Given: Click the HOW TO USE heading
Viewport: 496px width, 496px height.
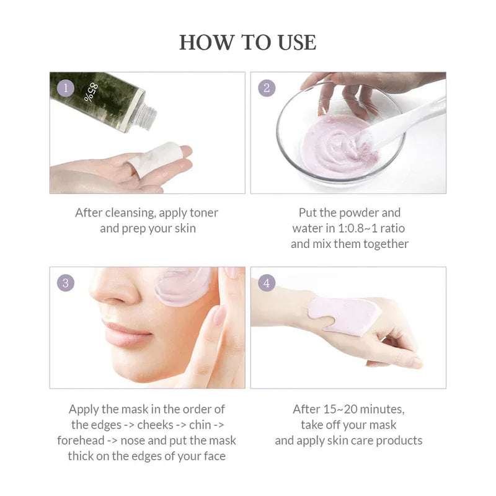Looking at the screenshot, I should pyautogui.click(x=247, y=42).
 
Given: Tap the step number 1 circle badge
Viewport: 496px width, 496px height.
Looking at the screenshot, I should pyautogui.click(x=66, y=87).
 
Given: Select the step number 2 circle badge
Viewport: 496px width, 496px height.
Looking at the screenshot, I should pyautogui.click(x=267, y=87).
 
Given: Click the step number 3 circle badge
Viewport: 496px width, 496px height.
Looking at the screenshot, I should pyautogui.click(x=66, y=283).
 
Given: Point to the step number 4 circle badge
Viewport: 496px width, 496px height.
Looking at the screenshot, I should pyautogui.click(x=267, y=283).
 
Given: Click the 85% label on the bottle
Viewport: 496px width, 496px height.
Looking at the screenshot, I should pyautogui.click(x=94, y=92).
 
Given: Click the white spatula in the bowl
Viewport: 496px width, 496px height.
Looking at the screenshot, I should pyautogui.click(x=409, y=121).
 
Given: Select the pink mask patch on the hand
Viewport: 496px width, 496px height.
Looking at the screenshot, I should pyautogui.click(x=344, y=315).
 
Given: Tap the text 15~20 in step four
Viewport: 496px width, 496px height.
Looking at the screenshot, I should pyautogui.click(x=337, y=409).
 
